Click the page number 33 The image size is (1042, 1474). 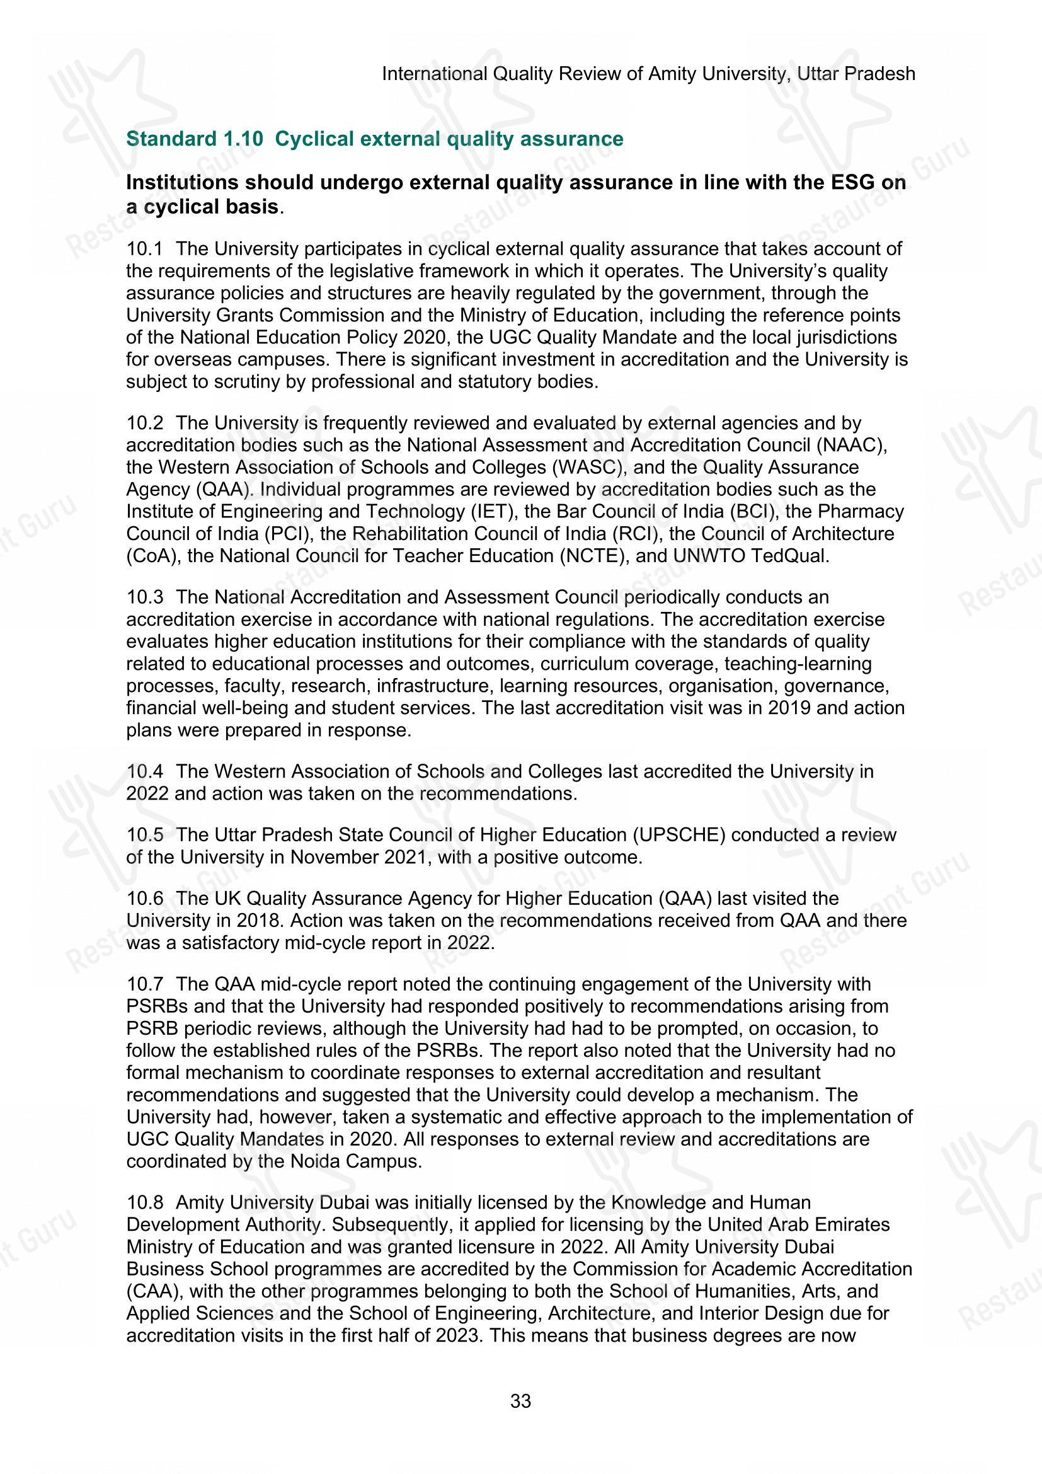(520, 1401)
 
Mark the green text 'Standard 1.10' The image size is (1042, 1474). (195, 139)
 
